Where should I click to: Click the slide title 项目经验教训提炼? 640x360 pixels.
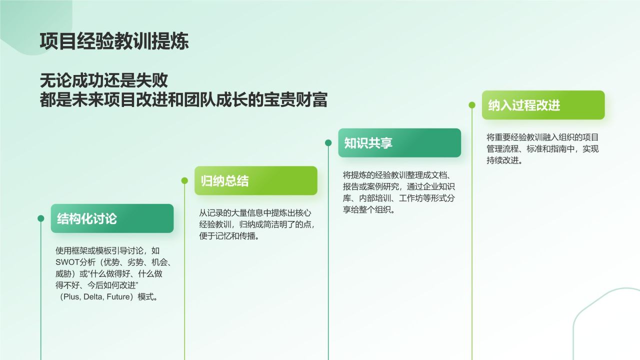pos(114,41)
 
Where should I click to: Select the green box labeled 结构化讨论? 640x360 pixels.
pos(112,218)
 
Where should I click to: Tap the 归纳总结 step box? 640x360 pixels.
pos(255,180)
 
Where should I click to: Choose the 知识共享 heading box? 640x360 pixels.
pos(399,143)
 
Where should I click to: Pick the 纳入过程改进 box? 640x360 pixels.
pos(543,105)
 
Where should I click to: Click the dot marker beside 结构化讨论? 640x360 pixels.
pos(41,218)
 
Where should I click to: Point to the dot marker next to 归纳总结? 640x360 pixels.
pos(184,180)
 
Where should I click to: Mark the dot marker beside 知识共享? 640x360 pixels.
pos(328,143)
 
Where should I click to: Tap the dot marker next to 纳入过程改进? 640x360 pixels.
pos(472,105)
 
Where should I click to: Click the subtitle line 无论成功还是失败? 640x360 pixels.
pos(103,80)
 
